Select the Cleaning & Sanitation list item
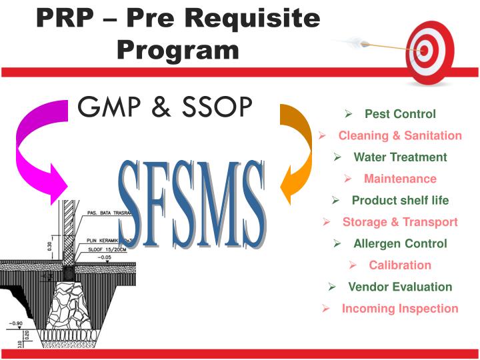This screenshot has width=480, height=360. pyautogui.click(x=400, y=135)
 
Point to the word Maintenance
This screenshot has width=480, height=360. pyautogui.click(x=400, y=179)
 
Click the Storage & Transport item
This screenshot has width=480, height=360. pyautogui.click(x=400, y=222)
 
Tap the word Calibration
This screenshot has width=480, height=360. pyautogui.click(x=400, y=265)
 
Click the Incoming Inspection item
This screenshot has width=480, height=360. pyautogui.click(x=400, y=309)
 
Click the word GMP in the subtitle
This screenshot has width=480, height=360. pyautogui.click(x=109, y=107)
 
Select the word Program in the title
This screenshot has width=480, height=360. pyautogui.click(x=177, y=49)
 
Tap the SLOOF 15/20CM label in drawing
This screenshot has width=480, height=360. pyautogui.click(x=105, y=247)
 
